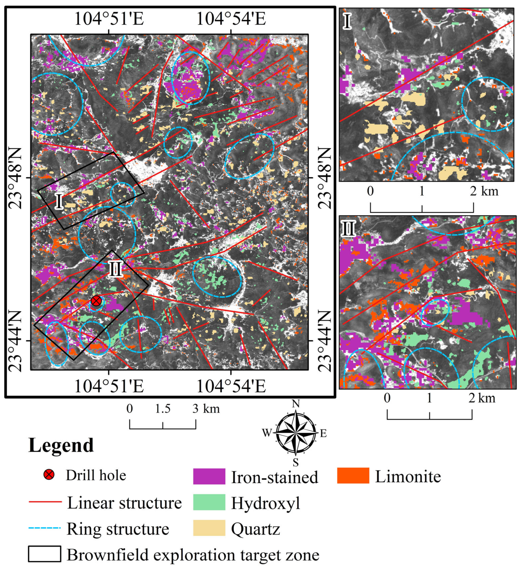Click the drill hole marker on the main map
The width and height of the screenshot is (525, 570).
coord(96,301)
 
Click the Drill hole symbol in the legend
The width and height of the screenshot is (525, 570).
coord(49,475)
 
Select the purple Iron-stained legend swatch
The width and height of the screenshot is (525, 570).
coord(209,476)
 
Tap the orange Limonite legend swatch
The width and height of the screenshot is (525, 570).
coord(353,475)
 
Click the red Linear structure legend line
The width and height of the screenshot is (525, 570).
coord(45,502)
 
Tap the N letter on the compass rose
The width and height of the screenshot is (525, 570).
coord(296,403)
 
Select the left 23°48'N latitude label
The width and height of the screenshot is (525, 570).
coord(16,178)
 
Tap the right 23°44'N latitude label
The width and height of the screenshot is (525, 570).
coord(324,341)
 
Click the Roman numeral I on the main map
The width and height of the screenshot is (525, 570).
coord(59,201)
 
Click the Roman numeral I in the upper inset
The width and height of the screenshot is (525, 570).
coord(347,22)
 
